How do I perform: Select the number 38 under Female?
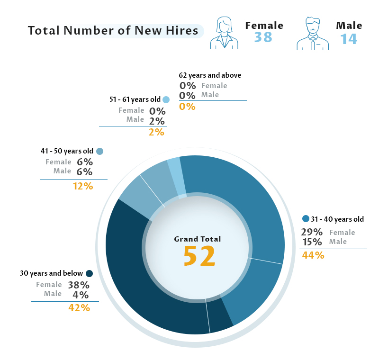[x=263, y=37]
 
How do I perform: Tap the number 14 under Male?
[x=349, y=38]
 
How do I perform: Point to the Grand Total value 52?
[x=199, y=256]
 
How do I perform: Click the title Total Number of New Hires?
[x=113, y=31]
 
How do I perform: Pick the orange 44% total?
[x=313, y=255]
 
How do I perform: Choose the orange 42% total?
[x=79, y=308]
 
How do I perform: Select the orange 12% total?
[x=82, y=186]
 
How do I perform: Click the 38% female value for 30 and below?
[x=79, y=285]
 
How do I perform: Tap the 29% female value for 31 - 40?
[x=312, y=232]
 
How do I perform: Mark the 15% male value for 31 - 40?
[x=312, y=242]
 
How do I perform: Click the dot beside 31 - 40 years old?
[x=306, y=219]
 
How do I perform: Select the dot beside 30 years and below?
[x=89, y=273]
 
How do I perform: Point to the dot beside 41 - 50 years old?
[x=99, y=152]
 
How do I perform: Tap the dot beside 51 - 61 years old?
[x=166, y=100]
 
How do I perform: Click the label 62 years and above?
[x=210, y=75]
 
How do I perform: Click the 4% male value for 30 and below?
[x=81, y=295]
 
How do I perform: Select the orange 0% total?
[x=187, y=107]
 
